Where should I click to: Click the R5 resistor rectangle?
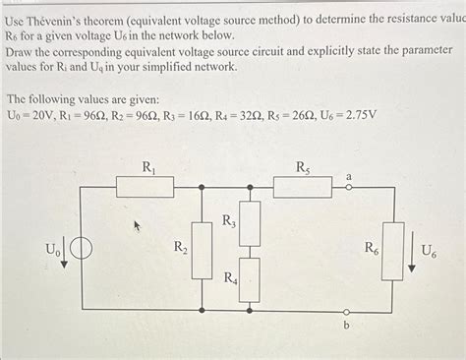303,186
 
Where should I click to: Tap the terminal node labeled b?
346,313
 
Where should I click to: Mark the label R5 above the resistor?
304,167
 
